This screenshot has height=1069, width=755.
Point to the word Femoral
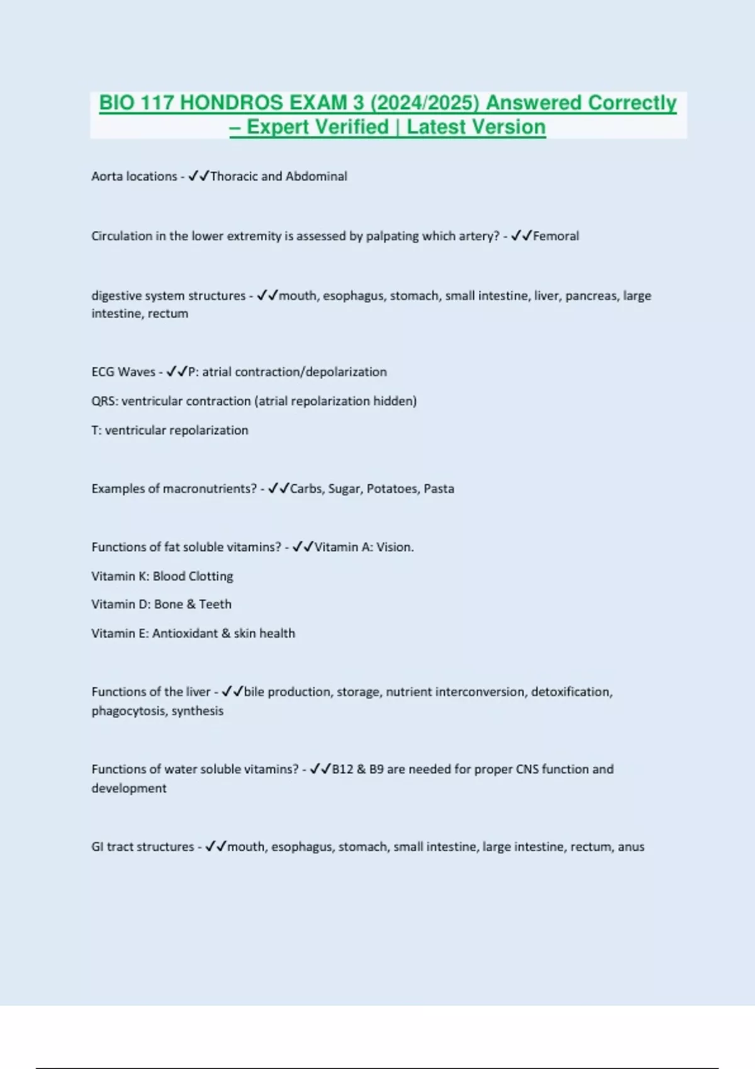[556, 236]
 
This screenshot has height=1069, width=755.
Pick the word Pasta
[439, 489]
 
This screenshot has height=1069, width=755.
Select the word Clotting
[211, 577]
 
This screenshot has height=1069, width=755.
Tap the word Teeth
[215, 604]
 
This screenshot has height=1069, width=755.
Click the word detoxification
[571, 692]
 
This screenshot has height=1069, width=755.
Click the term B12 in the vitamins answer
[342, 770]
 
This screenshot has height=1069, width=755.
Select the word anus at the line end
[631, 847]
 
